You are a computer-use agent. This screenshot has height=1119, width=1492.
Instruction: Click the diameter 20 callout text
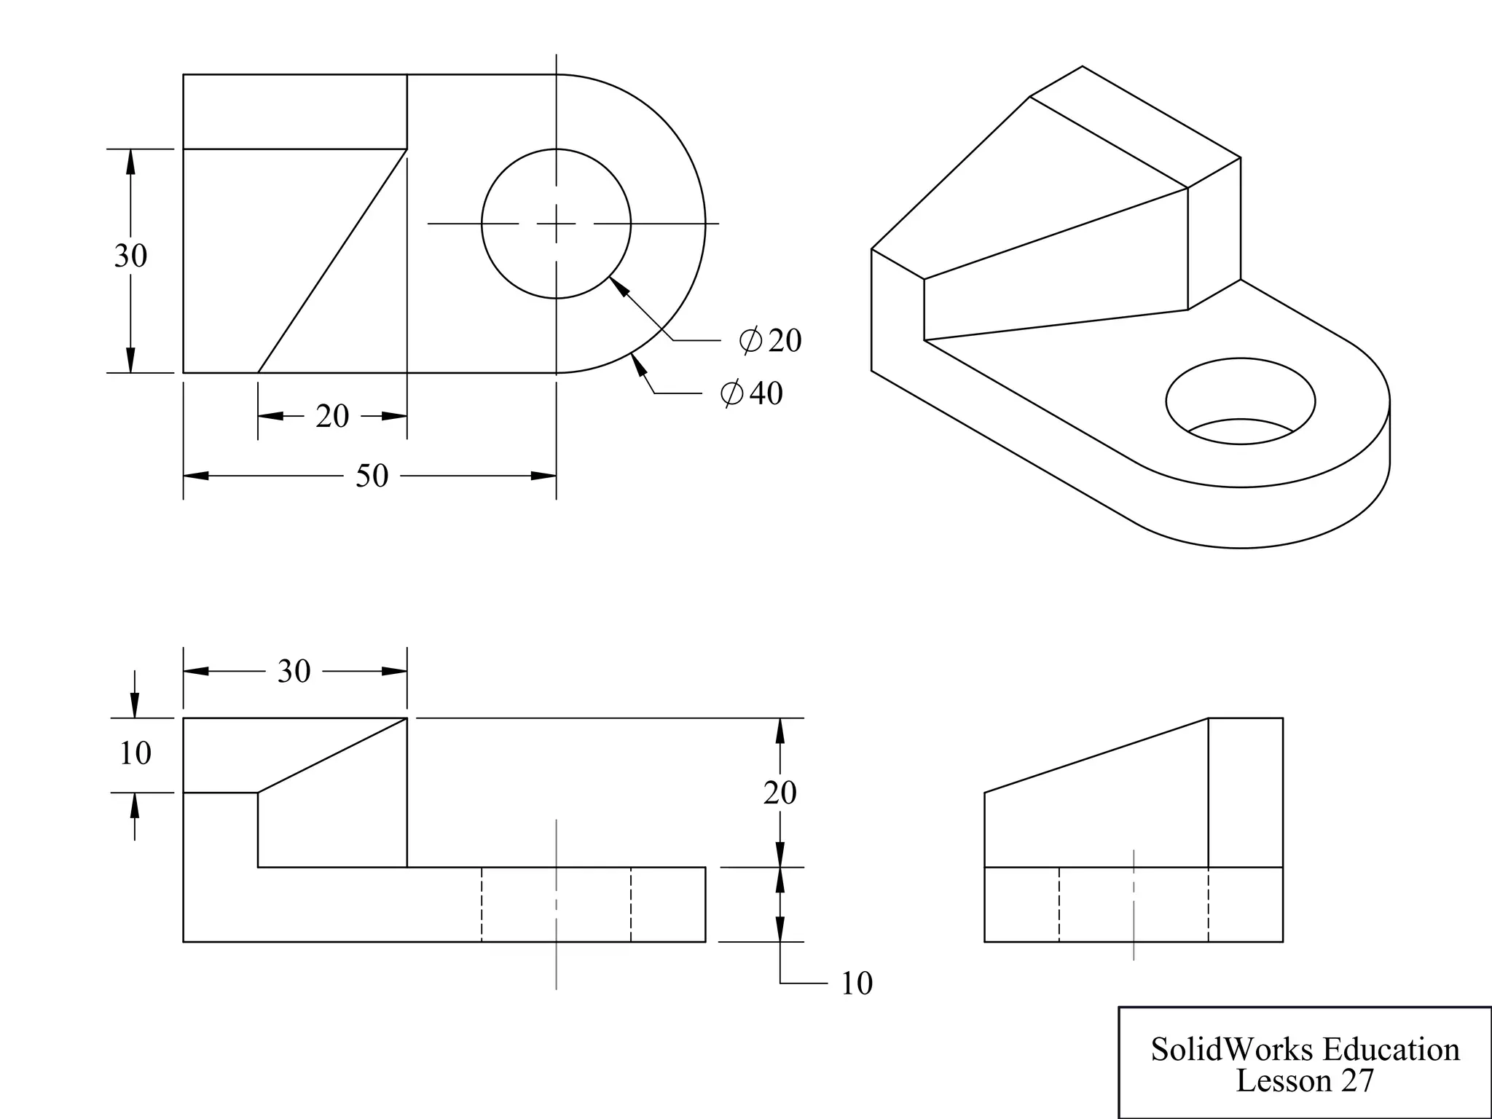(x=771, y=340)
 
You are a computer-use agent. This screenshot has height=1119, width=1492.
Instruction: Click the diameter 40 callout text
(x=753, y=393)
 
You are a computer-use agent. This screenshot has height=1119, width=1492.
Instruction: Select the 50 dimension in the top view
(x=372, y=476)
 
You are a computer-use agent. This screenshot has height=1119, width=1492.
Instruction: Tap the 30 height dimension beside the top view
(x=130, y=256)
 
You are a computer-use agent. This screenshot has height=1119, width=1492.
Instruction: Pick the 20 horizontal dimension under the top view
(x=332, y=416)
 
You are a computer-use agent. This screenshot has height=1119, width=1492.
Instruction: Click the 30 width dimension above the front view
(x=294, y=671)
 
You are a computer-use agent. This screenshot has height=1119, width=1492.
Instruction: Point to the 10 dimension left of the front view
(x=135, y=753)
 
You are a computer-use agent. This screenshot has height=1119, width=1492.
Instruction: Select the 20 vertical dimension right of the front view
(x=780, y=793)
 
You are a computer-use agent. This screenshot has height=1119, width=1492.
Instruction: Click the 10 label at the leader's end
(x=856, y=983)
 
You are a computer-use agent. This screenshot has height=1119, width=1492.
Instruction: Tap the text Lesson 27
(x=1304, y=1080)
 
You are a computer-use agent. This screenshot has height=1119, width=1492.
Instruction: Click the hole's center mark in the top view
(x=557, y=224)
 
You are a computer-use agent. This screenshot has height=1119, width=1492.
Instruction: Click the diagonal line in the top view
(x=332, y=261)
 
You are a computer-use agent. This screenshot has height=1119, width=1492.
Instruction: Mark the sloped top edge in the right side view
(x=1096, y=755)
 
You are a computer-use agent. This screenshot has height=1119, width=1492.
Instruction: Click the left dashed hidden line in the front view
(x=482, y=904)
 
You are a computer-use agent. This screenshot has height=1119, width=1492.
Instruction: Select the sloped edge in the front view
(x=332, y=755)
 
